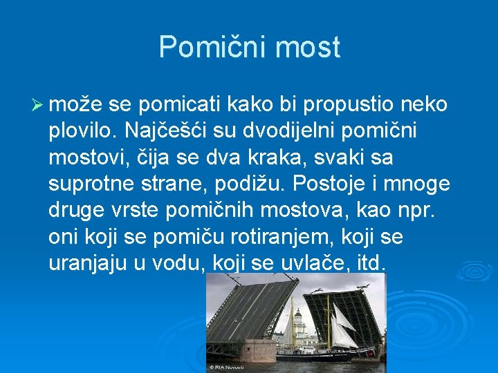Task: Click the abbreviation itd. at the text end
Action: click(372, 264)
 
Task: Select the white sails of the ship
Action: click(339, 325)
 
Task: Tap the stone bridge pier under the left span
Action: click(257, 350)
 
